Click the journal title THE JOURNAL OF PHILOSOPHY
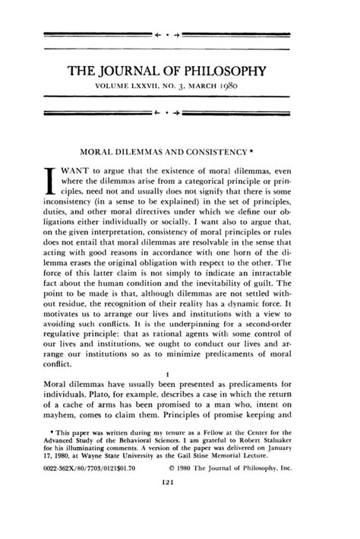(x=179, y=71)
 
